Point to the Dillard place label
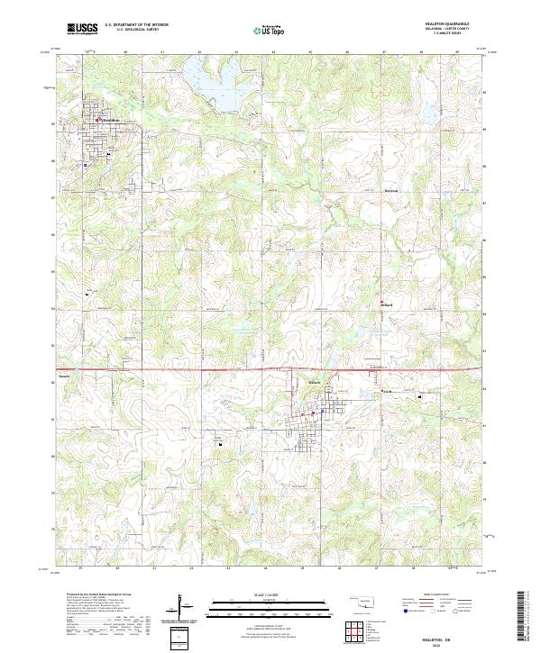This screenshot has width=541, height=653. click(389, 304)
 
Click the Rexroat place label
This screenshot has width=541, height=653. click(390, 191)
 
